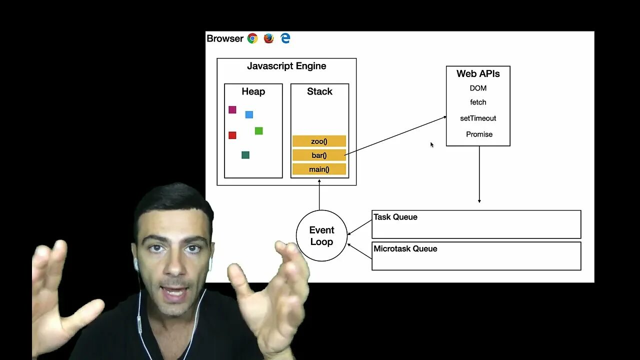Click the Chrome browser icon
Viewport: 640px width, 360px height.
click(252, 38)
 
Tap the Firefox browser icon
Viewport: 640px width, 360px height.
click(269, 38)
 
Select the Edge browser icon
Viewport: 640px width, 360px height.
click(285, 38)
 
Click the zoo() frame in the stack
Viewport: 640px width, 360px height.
click(319, 141)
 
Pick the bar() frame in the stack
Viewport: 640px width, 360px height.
click(319, 155)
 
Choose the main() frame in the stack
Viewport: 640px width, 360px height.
click(319, 169)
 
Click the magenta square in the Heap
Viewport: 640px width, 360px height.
click(232, 110)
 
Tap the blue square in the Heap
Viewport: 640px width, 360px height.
click(249, 114)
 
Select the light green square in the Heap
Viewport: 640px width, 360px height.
click(258, 131)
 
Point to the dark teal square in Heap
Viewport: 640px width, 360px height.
click(245, 155)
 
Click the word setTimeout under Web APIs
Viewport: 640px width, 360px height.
click(478, 118)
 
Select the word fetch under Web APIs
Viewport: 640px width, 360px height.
click(478, 102)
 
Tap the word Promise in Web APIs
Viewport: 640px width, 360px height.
click(479, 134)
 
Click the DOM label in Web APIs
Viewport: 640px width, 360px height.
click(478, 88)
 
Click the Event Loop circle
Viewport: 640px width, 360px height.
click(321, 235)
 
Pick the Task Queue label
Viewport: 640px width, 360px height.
click(395, 217)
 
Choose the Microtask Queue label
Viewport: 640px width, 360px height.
click(405, 248)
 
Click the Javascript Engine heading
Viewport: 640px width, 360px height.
click(286, 66)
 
